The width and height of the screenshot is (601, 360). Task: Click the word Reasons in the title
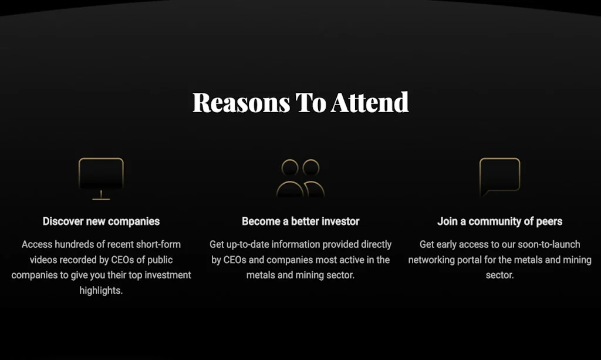(x=241, y=103)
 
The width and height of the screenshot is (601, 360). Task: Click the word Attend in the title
(x=370, y=102)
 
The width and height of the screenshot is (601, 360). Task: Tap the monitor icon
(x=101, y=159)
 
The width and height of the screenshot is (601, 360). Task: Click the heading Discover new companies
(x=101, y=221)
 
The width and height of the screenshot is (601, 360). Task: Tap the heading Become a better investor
(x=300, y=221)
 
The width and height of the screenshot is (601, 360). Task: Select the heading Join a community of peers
(x=500, y=221)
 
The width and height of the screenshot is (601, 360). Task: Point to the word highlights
(x=101, y=291)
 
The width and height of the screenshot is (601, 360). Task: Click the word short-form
(x=158, y=244)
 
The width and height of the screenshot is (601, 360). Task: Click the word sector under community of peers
(x=500, y=275)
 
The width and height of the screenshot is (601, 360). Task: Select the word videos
(x=43, y=260)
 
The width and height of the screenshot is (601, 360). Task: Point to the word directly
(x=376, y=245)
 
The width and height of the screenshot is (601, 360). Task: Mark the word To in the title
(x=310, y=103)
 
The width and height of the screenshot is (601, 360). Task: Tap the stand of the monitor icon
(x=101, y=195)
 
